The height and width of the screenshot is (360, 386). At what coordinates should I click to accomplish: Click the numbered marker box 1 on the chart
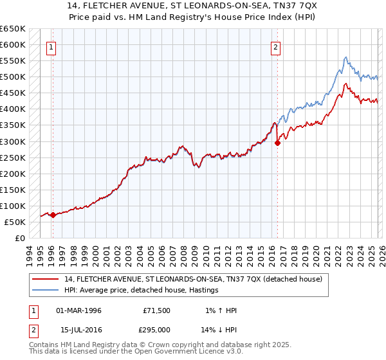point(51,46)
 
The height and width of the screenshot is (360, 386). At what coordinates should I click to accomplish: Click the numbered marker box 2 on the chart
point(275,46)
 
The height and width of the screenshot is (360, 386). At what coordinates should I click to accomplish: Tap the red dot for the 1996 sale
point(53,215)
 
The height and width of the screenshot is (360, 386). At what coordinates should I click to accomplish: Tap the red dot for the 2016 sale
point(277,143)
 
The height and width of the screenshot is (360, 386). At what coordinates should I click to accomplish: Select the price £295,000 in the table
point(156,330)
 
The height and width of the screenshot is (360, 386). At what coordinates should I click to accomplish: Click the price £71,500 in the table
point(156,310)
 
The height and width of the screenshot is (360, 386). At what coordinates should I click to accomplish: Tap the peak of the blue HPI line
point(345,57)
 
